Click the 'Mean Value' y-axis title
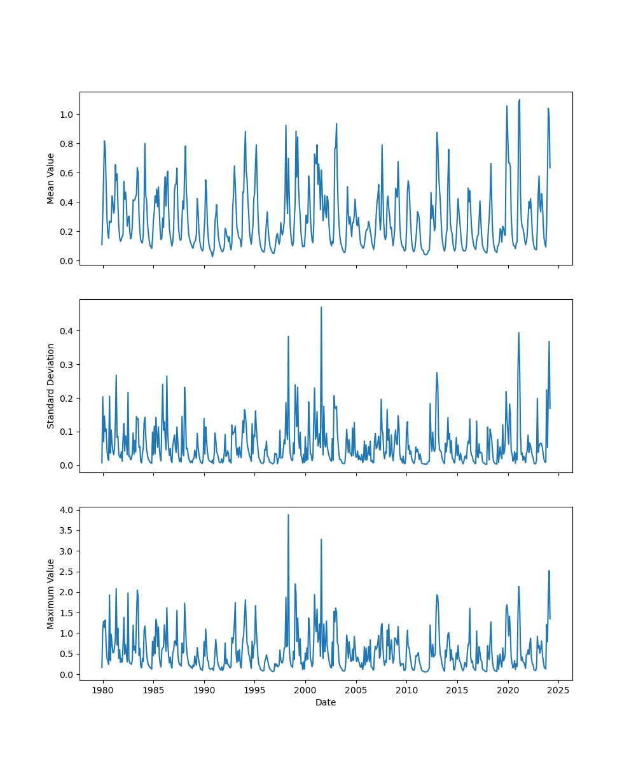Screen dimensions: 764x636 [51, 178]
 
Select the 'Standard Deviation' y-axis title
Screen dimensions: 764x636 [51, 386]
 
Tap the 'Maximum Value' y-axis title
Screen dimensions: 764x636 [51, 594]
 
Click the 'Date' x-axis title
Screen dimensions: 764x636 [326, 703]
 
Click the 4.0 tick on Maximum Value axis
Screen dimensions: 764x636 [67, 510]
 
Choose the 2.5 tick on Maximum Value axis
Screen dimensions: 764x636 [67, 572]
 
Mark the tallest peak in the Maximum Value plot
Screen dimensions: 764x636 [288, 515]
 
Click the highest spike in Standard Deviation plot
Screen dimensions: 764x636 [321, 308]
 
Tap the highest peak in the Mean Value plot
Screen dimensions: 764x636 [520, 100]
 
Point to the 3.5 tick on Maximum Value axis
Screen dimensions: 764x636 [67, 530]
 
